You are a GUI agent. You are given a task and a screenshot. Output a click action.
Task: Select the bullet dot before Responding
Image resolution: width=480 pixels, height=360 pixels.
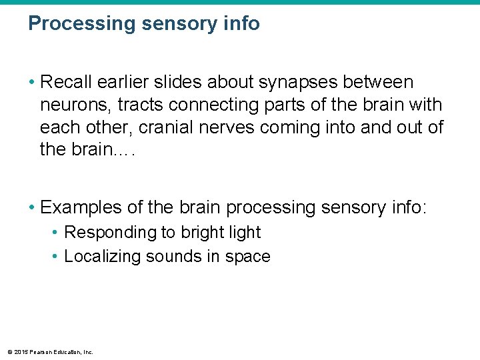point(56,233)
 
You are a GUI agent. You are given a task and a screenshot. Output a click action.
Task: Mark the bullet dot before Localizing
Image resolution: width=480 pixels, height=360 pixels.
point(56,257)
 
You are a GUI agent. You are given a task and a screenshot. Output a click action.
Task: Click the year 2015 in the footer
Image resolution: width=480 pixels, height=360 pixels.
point(19,352)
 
